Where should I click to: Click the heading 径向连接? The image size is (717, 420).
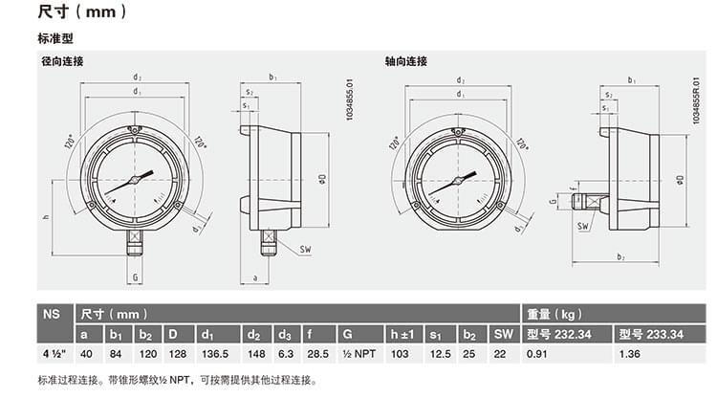pyautogui.click(x=61, y=60)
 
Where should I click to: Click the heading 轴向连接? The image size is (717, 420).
pyautogui.click(x=405, y=60)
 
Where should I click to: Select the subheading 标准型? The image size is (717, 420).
pyautogui.click(x=55, y=38)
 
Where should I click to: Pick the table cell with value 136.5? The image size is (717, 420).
pyautogui.click(x=214, y=354)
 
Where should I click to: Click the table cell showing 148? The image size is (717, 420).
pyautogui.click(x=253, y=354)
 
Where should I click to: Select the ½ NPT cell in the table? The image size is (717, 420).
pyautogui.click(x=351, y=354)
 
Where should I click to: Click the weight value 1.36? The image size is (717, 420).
pyautogui.click(x=628, y=354)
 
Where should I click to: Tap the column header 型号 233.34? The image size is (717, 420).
pyautogui.click(x=651, y=334)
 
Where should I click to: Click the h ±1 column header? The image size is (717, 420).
pyautogui.click(x=401, y=334)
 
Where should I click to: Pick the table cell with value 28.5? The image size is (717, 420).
pyautogui.click(x=313, y=354)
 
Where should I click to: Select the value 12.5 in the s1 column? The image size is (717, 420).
pyautogui.click(x=438, y=354)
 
